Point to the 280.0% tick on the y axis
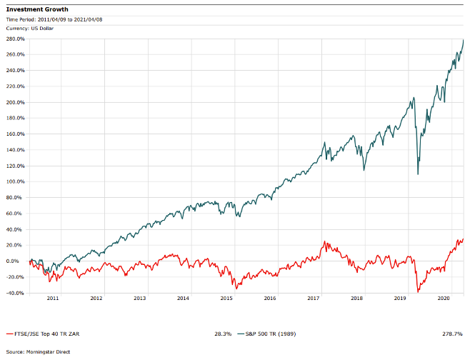click(x=16, y=39)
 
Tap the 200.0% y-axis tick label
click(x=16, y=102)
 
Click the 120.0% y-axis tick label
click(x=16, y=166)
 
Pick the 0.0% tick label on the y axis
click(x=18, y=261)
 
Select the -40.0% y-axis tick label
click(x=16, y=293)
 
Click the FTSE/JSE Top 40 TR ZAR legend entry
click(x=39, y=334)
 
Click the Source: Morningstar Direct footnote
click(x=36, y=351)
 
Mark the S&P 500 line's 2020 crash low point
click(x=418, y=174)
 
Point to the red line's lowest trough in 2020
click(x=418, y=291)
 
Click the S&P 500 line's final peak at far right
click(x=464, y=40)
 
